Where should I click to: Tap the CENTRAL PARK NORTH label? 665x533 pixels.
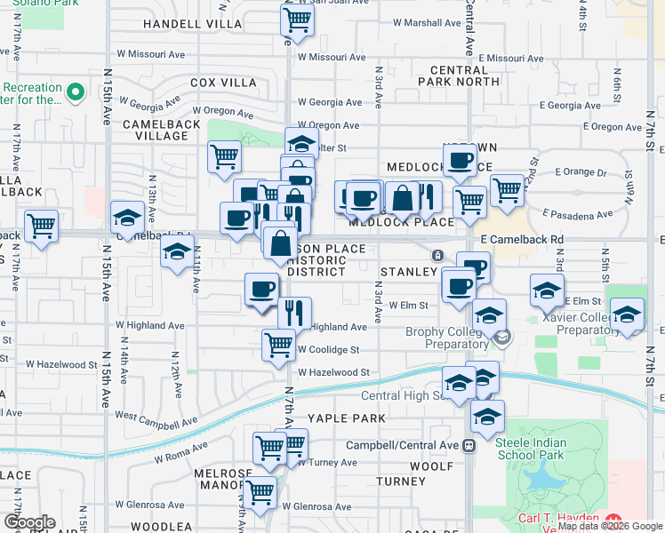pyautogui.click(x=464, y=76)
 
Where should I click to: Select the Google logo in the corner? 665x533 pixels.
pyautogui.click(x=29, y=521)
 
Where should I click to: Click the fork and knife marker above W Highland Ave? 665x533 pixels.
pyautogui.click(x=294, y=312)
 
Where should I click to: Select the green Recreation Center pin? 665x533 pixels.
pyautogui.click(x=76, y=91)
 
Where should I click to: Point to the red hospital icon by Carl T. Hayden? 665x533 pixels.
pyautogui.click(x=613, y=518)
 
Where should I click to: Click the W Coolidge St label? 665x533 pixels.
pyautogui.click(x=328, y=350)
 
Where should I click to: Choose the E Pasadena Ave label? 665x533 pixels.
pyautogui.click(x=582, y=214)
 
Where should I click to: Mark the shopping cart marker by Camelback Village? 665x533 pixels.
pyautogui.click(x=225, y=157)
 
